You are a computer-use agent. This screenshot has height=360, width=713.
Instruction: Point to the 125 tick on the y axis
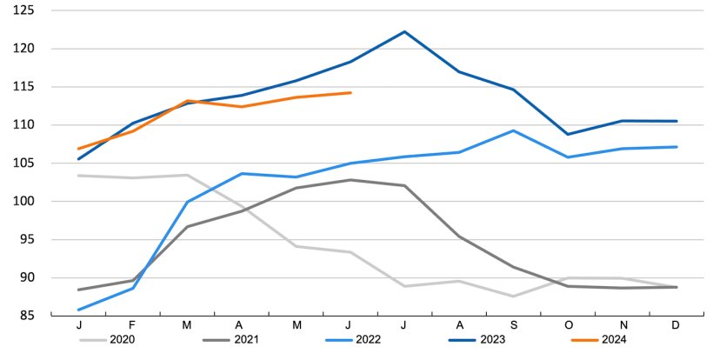(23, 10)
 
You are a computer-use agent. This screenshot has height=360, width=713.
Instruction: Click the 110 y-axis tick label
(23, 125)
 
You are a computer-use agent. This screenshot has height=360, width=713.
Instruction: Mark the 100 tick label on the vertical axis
(23, 202)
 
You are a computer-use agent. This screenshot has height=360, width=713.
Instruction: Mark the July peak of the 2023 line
(405, 31)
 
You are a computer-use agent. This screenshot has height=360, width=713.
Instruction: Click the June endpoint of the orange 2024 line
(350, 92)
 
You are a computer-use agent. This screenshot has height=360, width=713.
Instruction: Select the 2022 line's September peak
(514, 130)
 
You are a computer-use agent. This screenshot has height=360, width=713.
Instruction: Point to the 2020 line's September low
(514, 297)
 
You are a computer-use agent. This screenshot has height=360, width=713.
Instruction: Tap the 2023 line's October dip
(568, 134)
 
